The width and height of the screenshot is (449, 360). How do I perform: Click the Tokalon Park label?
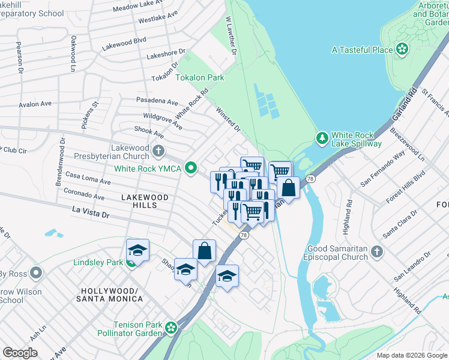click(x=199, y=78)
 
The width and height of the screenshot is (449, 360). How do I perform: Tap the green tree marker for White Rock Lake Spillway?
click(x=322, y=138)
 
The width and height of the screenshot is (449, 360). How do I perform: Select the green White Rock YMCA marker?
click(x=191, y=168)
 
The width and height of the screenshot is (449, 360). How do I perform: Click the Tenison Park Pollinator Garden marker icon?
click(x=172, y=328)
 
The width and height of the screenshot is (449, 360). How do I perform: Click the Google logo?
click(x=20, y=353)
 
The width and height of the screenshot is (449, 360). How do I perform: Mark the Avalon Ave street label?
click(x=35, y=104)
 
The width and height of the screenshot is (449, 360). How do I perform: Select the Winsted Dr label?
click(x=228, y=120)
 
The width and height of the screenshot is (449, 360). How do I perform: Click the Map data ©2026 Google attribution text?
click(x=412, y=355)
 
